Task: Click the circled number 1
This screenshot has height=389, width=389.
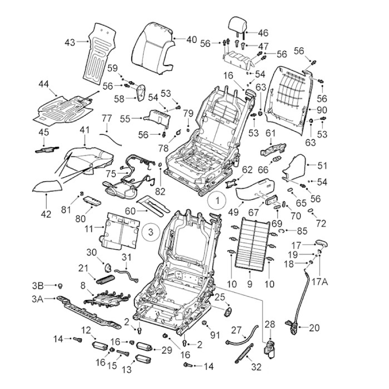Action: (217, 200)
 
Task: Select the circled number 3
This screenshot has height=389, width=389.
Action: (151, 232)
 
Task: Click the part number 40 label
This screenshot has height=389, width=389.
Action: (192, 39)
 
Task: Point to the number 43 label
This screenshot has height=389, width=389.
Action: (70, 42)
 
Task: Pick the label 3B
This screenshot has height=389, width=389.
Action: (38, 285)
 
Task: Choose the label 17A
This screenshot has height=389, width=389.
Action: (319, 282)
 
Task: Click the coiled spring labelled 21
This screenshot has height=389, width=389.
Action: (105, 279)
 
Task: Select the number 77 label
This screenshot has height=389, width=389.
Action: (107, 118)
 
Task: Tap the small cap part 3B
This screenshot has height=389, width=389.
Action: (60, 286)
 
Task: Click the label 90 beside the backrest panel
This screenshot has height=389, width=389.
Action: (322, 110)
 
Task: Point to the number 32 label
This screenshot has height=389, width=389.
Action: (256, 367)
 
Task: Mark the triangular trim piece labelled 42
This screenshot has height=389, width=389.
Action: (47, 186)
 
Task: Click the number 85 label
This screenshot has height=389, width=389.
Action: (302, 231)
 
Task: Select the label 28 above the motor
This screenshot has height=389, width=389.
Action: (270, 324)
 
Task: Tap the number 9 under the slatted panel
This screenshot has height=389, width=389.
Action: (249, 284)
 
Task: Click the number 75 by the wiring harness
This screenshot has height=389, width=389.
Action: (111, 174)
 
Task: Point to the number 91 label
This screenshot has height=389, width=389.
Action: (215, 335)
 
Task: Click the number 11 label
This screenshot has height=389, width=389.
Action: (89, 229)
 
